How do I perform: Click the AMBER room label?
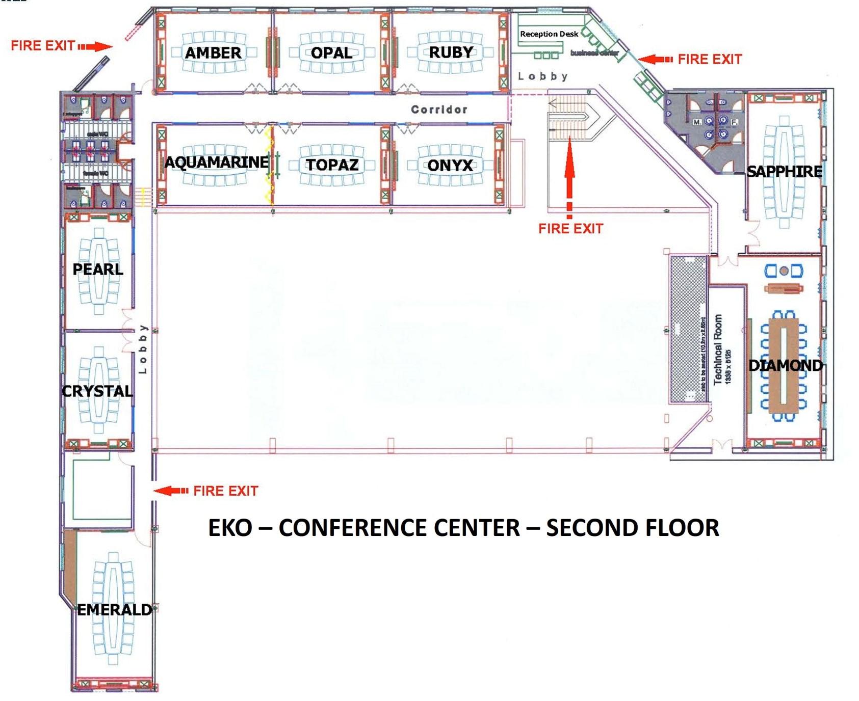213,53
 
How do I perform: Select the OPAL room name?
331,53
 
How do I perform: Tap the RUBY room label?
451,52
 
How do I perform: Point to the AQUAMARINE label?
216,163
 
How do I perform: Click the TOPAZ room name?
332,165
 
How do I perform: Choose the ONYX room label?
450,165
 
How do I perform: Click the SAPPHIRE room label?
784,172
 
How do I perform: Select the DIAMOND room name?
785,365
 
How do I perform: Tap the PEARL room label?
98,269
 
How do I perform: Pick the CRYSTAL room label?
97,391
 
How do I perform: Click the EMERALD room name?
114,610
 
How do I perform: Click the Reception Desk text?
549,34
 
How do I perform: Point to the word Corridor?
439,110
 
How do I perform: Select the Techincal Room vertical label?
718,349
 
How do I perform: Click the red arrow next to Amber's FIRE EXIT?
95,47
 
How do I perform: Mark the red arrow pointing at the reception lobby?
655,60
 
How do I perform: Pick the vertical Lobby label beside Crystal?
143,349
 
